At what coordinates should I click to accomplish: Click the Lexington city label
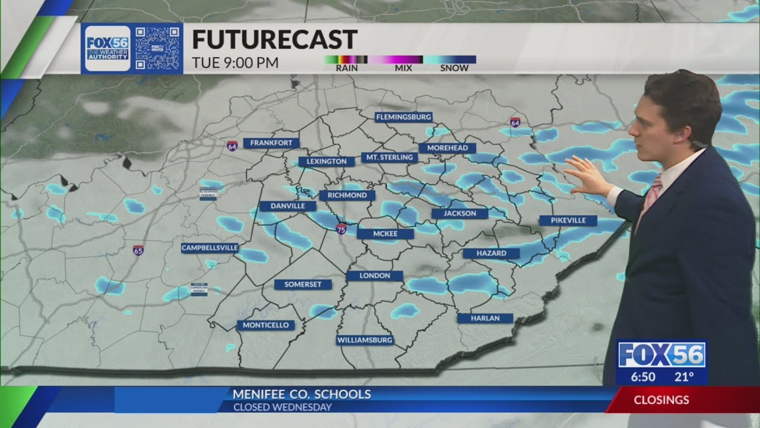click(x=327, y=161)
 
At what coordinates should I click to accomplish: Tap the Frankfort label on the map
click(x=271, y=143)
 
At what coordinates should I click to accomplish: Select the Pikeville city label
click(x=568, y=221)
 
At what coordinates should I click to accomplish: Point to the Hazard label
click(x=492, y=253)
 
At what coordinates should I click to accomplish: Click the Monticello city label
click(x=266, y=325)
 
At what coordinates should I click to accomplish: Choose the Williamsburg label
click(x=365, y=341)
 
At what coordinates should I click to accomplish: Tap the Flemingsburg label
click(x=404, y=117)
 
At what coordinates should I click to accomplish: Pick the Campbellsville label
click(x=210, y=248)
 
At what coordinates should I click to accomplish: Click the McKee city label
click(x=385, y=234)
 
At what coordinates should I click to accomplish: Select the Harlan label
click(x=485, y=318)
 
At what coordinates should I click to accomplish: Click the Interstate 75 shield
click(x=341, y=229)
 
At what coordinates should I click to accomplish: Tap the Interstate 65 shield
click(x=138, y=250)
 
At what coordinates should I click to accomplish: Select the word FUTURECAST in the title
click(x=274, y=40)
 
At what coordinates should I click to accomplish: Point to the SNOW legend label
click(x=454, y=68)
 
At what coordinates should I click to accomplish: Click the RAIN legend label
click(x=346, y=68)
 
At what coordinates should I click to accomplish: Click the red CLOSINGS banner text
click(x=661, y=400)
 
